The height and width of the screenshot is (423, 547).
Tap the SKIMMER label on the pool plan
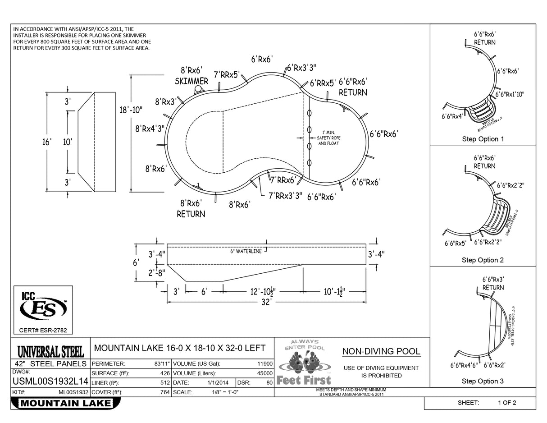(x=191, y=81)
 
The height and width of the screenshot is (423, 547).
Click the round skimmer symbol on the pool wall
(x=197, y=89)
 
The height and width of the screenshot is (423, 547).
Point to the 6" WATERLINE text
(x=246, y=251)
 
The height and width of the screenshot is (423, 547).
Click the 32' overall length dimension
(x=267, y=302)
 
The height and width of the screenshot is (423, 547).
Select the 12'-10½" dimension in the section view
(x=263, y=292)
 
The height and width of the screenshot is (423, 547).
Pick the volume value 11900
(x=264, y=363)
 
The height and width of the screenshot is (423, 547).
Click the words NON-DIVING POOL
(x=381, y=351)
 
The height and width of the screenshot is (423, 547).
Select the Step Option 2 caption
(x=483, y=260)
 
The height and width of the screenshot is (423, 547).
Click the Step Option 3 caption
(x=483, y=381)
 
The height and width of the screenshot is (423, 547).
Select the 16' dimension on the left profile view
(x=47, y=142)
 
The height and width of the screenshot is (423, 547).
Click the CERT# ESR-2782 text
(x=43, y=331)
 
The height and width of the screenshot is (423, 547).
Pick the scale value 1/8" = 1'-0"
(x=225, y=392)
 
